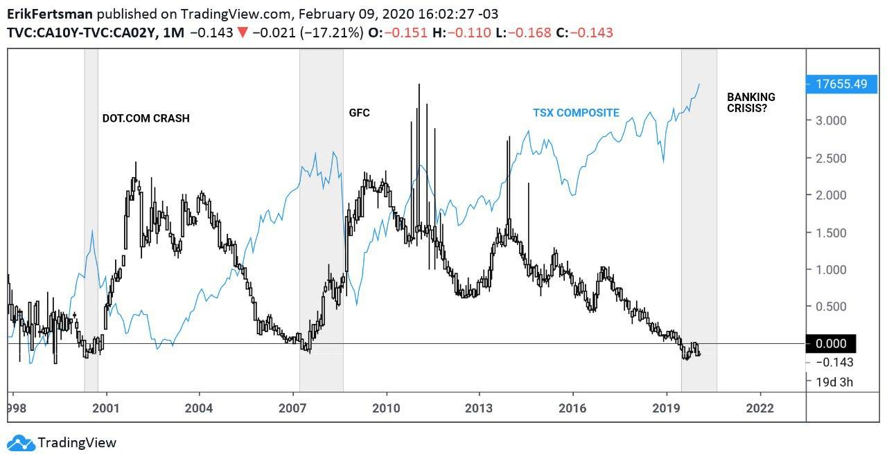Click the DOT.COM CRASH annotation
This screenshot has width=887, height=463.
[146, 118]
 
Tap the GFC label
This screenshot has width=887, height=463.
[359, 112]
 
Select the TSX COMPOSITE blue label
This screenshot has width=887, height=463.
[576, 113]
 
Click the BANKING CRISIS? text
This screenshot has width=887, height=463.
[750, 102]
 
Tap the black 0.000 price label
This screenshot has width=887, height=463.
[832, 344]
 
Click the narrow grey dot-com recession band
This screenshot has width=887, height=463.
[91, 221]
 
